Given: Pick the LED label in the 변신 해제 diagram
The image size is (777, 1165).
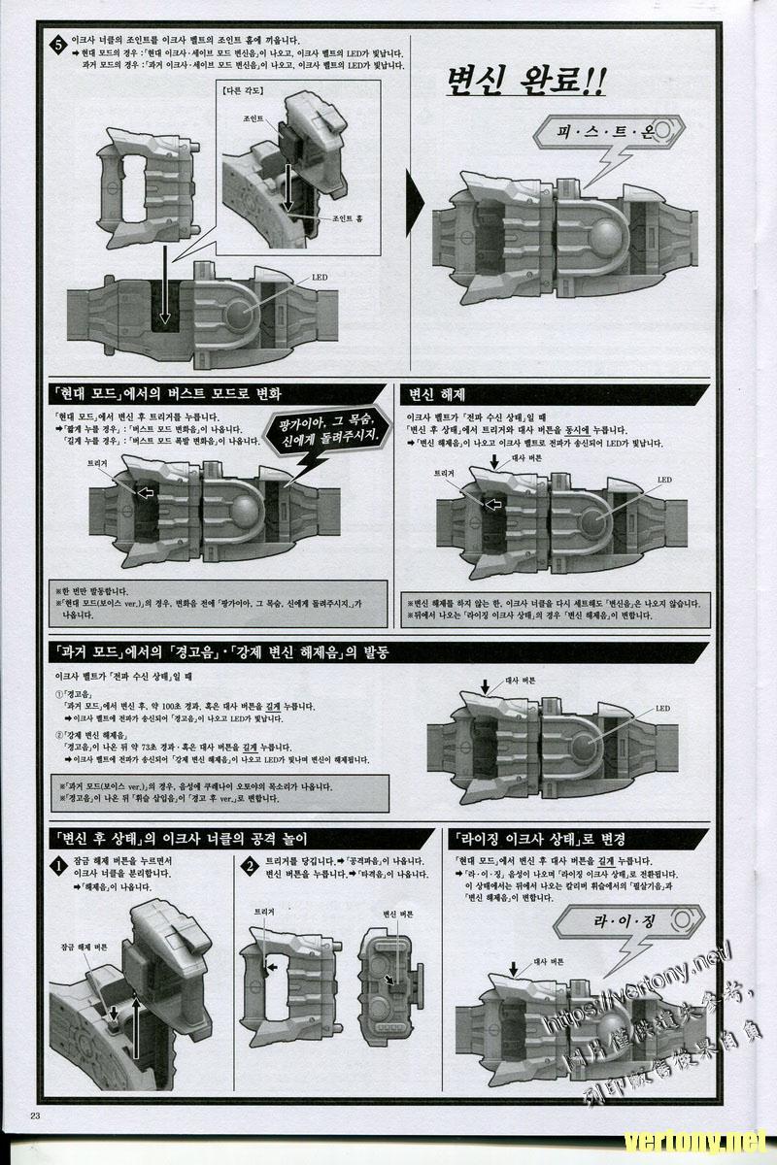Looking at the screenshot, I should pos(664,480).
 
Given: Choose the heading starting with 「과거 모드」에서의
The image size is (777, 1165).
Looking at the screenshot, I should pos(219,652).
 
